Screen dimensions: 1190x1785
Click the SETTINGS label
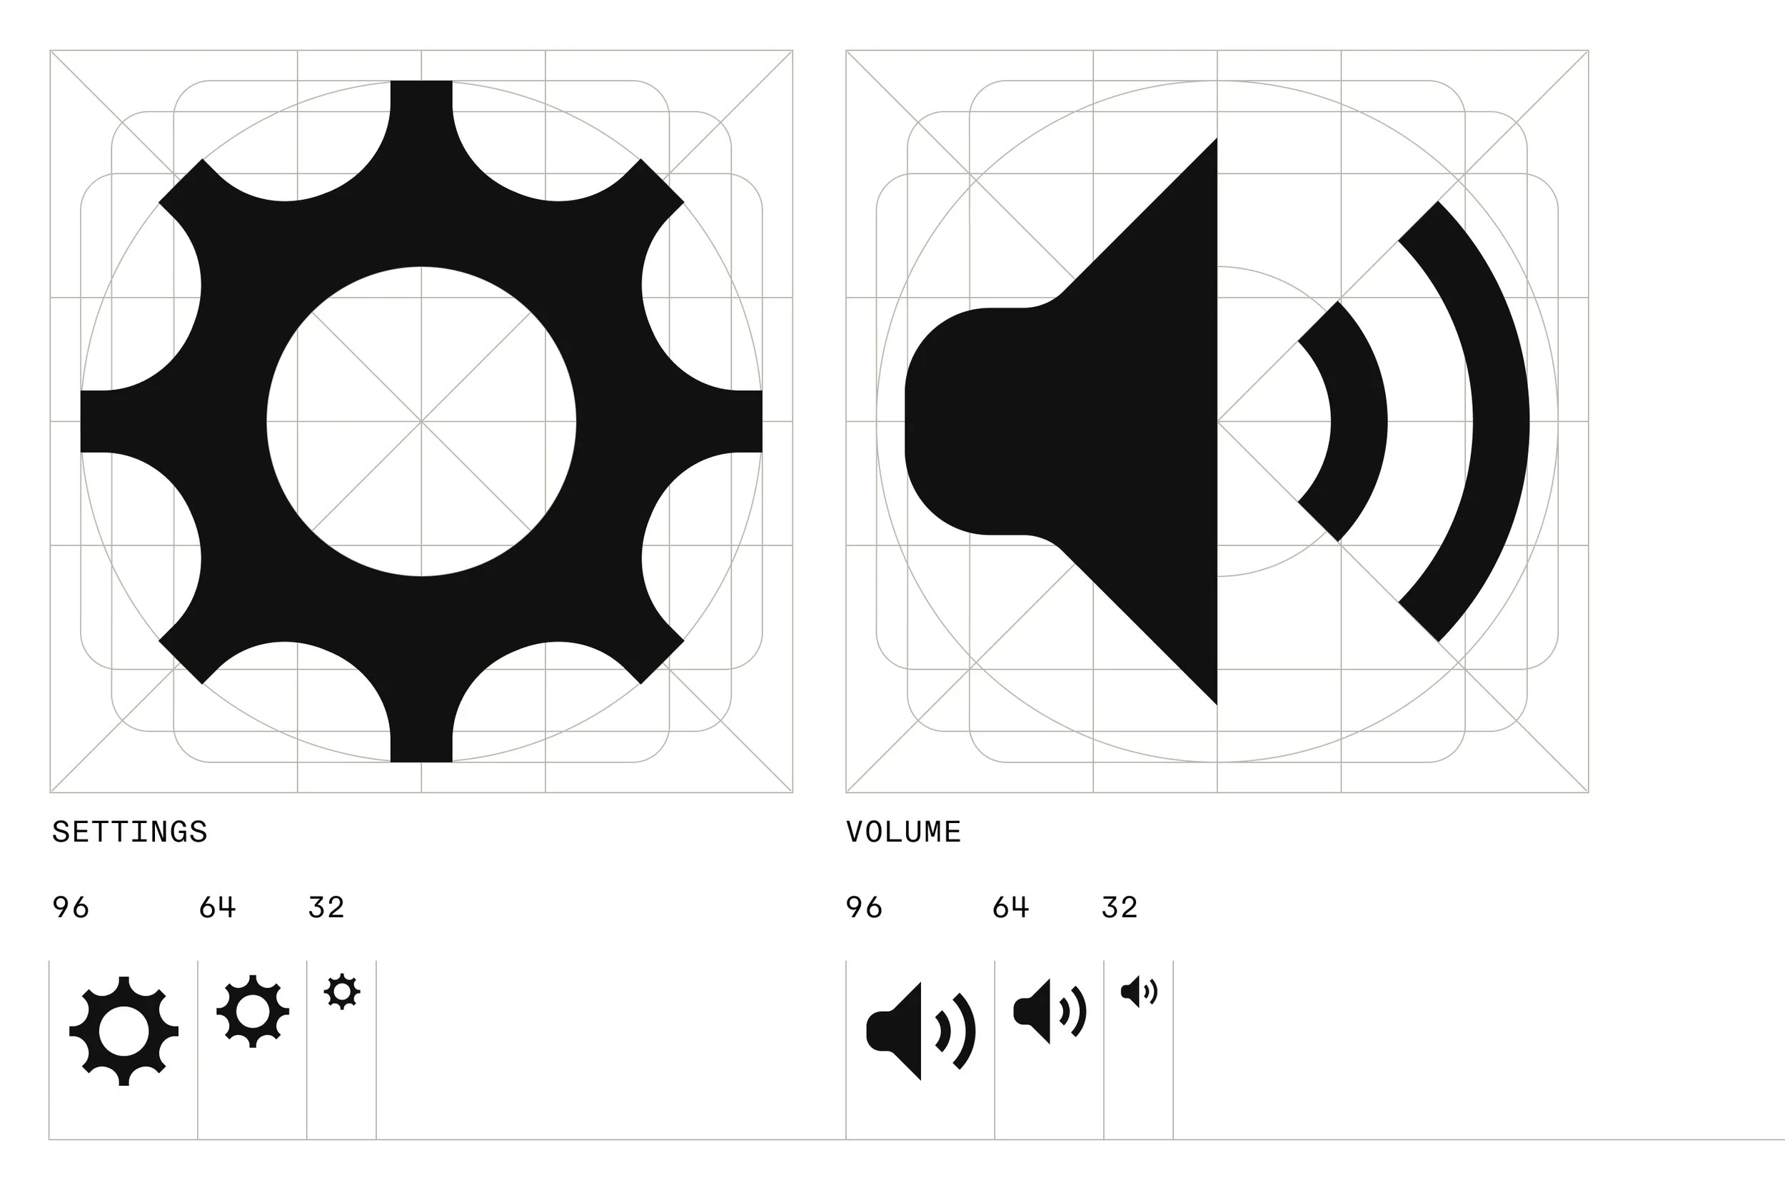click(x=130, y=832)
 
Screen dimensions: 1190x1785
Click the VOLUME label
click(x=903, y=832)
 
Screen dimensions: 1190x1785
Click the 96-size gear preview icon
click(x=124, y=1032)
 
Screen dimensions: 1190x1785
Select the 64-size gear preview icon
click(x=253, y=1012)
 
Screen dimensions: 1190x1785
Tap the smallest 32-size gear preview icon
click(x=342, y=991)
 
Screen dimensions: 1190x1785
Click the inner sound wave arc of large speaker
click(x=1359, y=421)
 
